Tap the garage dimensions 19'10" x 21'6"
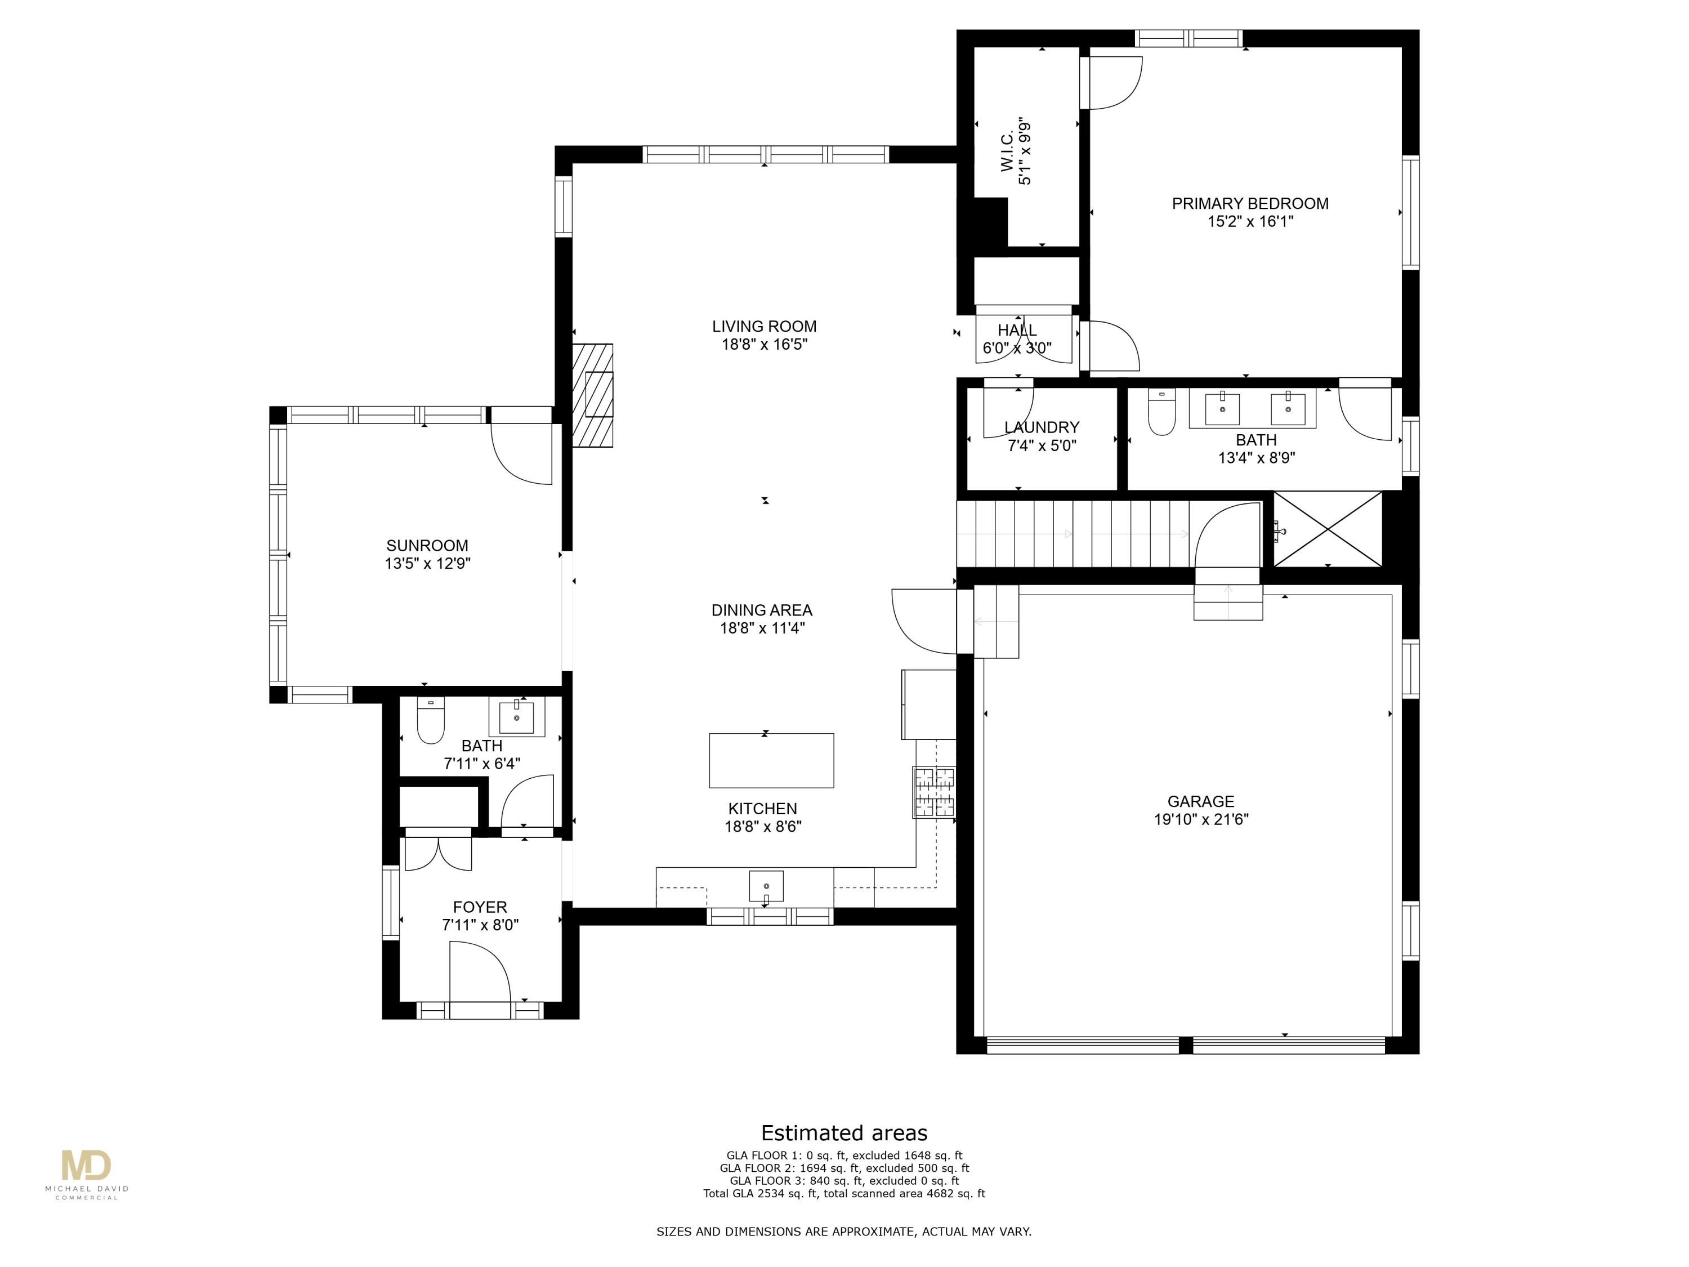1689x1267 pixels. [x=1200, y=819]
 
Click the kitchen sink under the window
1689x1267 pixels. [x=766, y=886]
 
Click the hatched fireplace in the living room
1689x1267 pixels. [x=593, y=395]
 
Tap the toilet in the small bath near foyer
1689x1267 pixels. [x=431, y=720]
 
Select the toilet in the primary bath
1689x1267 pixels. [x=1161, y=412]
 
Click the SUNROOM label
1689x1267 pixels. [x=427, y=545]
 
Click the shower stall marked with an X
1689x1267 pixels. [x=1328, y=529]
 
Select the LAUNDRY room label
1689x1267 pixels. [x=1042, y=427]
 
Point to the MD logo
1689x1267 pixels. [x=86, y=1166]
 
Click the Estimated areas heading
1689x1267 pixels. [x=844, y=1132]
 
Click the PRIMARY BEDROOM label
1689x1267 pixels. [x=1250, y=203]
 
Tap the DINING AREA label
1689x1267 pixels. [x=761, y=610]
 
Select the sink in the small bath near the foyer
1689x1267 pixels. [x=517, y=718]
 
